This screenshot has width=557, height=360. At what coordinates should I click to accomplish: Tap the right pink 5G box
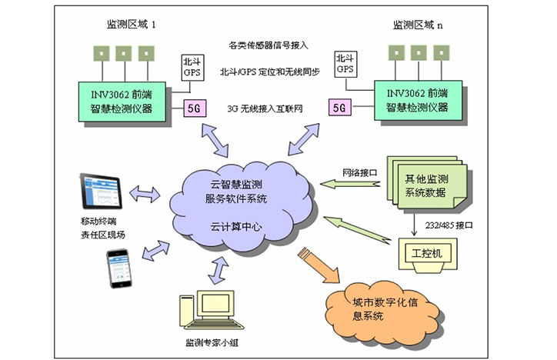(x=338, y=108)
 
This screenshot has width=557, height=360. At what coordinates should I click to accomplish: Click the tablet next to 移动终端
(x=104, y=193)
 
